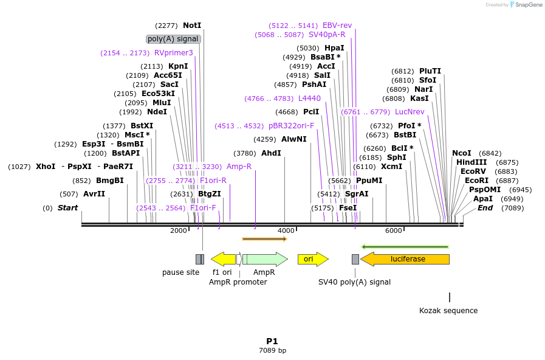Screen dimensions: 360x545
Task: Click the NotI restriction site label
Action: (191, 26)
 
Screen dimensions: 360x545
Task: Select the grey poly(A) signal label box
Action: (173, 39)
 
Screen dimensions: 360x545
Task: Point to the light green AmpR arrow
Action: (265, 259)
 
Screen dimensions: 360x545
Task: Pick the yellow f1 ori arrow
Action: (223, 259)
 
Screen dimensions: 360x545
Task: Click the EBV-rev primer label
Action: (337, 26)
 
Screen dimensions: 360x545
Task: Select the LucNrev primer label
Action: (410, 112)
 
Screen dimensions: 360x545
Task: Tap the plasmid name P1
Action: (272, 341)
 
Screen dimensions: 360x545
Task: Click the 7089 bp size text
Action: (272, 351)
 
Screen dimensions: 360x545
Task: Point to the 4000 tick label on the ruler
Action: (286, 231)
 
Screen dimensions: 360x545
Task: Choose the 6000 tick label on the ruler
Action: (394, 231)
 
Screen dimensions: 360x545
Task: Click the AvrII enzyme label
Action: (94, 194)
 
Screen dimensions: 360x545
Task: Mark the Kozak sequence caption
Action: (448, 311)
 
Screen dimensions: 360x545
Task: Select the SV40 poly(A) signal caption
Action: (354, 282)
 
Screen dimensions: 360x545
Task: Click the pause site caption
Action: (180, 272)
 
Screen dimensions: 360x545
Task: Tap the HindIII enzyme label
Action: (471, 162)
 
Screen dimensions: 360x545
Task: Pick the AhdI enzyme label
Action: (271, 153)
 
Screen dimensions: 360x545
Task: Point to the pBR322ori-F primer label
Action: (292, 126)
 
